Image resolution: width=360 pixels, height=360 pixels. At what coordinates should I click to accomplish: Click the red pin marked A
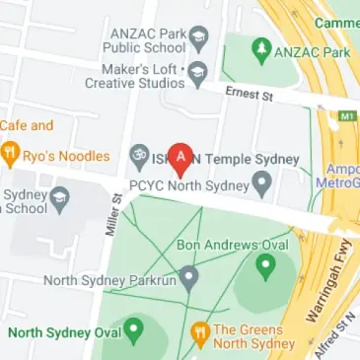(x=180, y=156)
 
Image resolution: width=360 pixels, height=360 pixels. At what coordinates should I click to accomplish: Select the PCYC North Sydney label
(x=188, y=183)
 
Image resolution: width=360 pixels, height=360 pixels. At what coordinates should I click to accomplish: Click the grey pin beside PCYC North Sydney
(x=262, y=182)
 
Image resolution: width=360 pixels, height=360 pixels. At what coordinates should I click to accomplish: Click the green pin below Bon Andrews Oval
(x=264, y=265)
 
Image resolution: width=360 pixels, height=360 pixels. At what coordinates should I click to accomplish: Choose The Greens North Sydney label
(x=251, y=336)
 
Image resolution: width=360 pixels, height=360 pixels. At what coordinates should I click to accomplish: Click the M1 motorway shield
(x=348, y=117)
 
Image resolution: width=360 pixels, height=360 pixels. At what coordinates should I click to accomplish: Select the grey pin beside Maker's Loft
(x=198, y=71)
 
